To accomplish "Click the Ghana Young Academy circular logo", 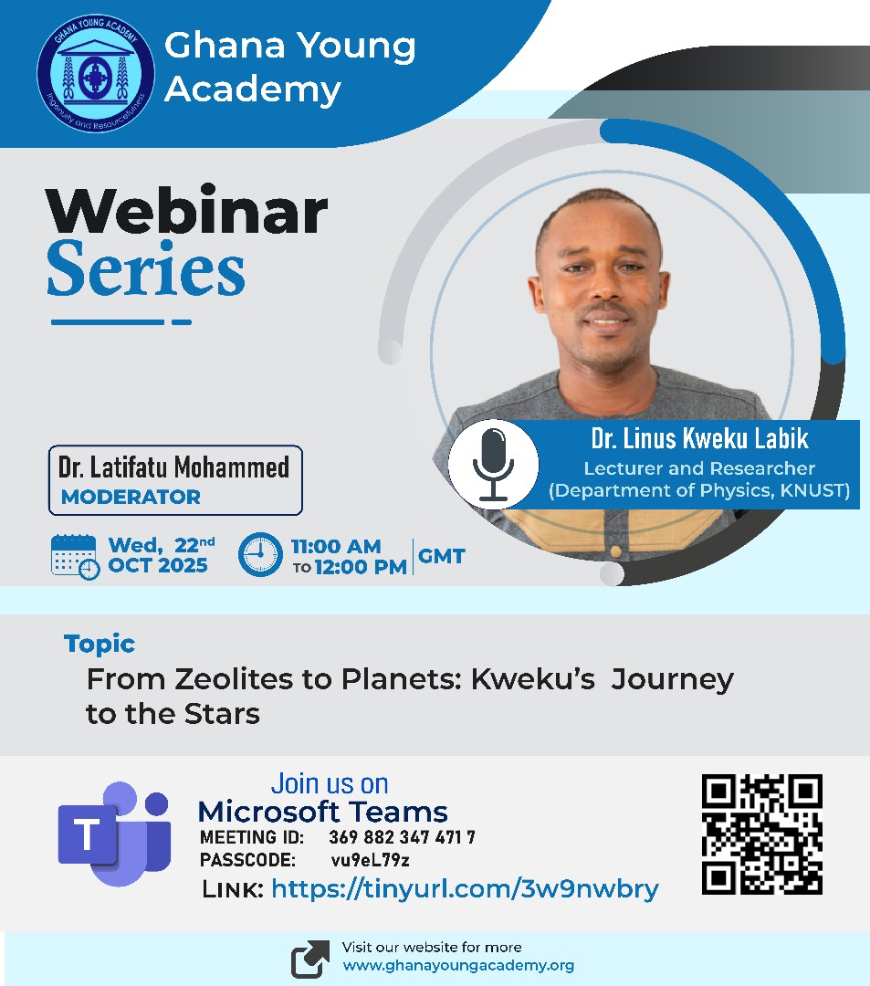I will (x=95, y=70).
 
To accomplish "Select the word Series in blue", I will (x=146, y=272).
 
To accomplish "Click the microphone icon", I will (x=493, y=463).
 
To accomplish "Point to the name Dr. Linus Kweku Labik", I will (x=699, y=439).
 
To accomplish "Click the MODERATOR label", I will (x=131, y=498).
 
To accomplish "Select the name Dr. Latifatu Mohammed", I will (x=173, y=468).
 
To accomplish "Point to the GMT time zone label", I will (x=442, y=555).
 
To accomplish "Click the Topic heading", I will (x=100, y=644).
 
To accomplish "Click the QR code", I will (x=761, y=834).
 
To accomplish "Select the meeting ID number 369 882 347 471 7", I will (x=402, y=837).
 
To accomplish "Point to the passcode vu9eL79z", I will (x=370, y=860).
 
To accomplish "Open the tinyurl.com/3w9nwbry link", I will (x=465, y=888).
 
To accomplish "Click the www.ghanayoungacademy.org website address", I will (x=458, y=965).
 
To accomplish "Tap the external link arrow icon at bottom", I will (x=310, y=959).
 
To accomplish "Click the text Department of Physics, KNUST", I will (x=699, y=491).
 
